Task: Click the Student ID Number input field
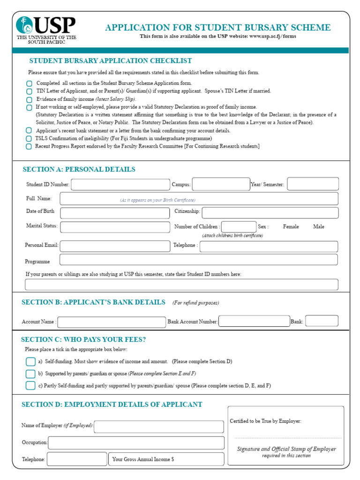click(120, 185)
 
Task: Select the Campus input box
click(221, 184)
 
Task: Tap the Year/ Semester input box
click(313, 184)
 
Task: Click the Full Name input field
click(199, 199)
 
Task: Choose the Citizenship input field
click(270, 212)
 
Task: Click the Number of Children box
click(239, 227)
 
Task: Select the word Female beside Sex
click(291, 227)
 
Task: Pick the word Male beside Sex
click(319, 227)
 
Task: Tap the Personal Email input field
click(115, 246)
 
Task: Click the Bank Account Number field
click(254, 321)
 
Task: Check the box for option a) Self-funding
click(30, 362)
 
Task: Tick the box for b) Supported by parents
click(30, 374)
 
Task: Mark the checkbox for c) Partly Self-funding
click(30, 386)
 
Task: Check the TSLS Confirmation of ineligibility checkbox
click(29, 139)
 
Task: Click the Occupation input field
click(136, 442)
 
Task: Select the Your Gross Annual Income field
click(166, 459)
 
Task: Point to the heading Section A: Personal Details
click(79, 170)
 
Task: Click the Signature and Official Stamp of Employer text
click(286, 449)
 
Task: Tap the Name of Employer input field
click(159, 426)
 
